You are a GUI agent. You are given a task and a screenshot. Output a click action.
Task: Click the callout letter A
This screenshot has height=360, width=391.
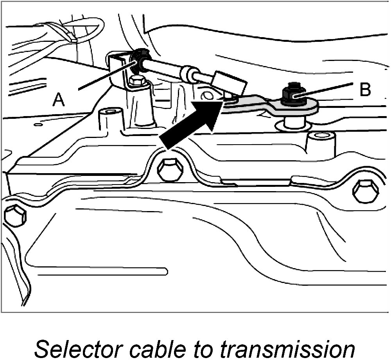(x=59, y=100)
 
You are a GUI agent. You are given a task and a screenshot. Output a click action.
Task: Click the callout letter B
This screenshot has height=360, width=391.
(x=364, y=90)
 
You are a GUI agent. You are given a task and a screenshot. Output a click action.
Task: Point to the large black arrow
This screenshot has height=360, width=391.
(x=192, y=124)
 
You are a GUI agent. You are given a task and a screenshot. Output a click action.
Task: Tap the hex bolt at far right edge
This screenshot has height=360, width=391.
(x=366, y=192)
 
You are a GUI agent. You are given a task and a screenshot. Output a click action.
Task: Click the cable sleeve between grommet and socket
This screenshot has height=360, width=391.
(x=168, y=70)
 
